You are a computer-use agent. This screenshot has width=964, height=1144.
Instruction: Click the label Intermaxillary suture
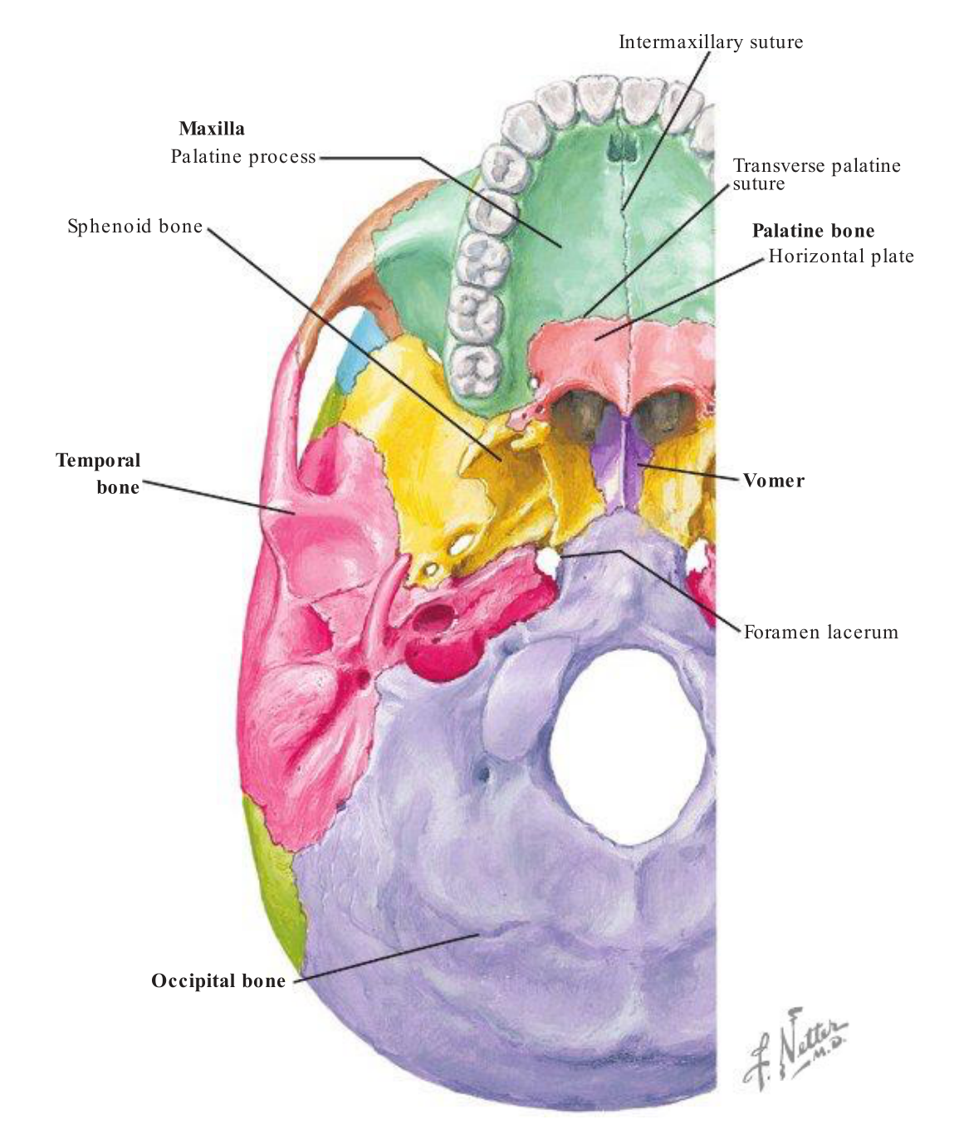[711, 42]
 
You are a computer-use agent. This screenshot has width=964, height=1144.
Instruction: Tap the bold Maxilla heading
[212, 129]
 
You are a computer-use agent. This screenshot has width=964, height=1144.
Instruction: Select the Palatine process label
[243, 157]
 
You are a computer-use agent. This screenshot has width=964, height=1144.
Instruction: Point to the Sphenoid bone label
[135, 227]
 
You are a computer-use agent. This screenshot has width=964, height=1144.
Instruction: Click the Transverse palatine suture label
[816, 174]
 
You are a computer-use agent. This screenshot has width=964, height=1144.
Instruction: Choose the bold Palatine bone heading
[813, 231]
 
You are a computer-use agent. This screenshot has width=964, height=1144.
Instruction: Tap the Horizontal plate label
[840, 256]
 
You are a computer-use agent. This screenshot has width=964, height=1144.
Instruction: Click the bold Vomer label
[773, 481]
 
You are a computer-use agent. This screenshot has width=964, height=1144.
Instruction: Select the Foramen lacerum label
[821, 633]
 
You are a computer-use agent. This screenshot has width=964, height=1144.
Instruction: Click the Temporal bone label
[99, 473]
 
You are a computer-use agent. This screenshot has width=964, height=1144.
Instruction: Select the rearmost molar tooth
[476, 368]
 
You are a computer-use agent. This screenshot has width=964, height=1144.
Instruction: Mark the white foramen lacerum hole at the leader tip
[548, 560]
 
